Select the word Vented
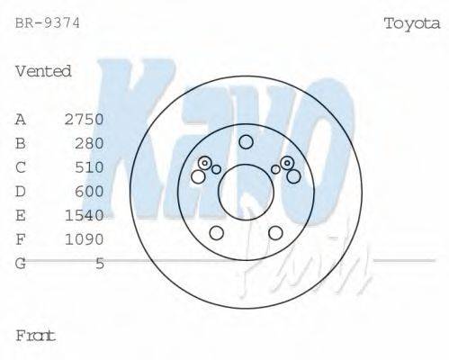[x=43, y=71]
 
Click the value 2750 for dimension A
[x=85, y=119]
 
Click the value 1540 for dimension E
[x=85, y=215]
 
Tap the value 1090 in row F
[x=85, y=239]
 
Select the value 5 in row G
[x=100, y=263]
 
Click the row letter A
[x=21, y=119]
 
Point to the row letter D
[x=21, y=191]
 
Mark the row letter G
[x=21, y=263]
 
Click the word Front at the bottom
[x=36, y=335]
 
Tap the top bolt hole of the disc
[x=246, y=141]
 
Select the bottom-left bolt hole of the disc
[x=216, y=233]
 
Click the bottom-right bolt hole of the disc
[x=275, y=233]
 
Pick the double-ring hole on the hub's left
[x=205, y=163]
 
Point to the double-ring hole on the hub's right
[x=287, y=163]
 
